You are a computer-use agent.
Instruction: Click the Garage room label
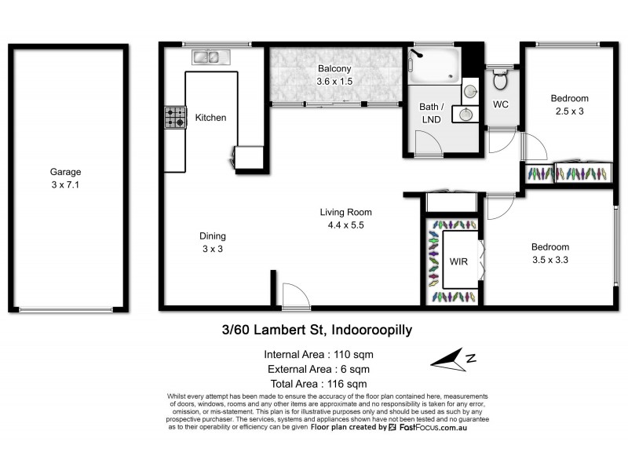click(x=66, y=172)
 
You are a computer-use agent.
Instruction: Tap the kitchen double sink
click(x=208, y=57)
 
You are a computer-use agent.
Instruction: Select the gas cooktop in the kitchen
click(x=174, y=118)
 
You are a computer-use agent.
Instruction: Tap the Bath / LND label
click(x=430, y=112)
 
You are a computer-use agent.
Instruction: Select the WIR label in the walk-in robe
click(x=458, y=261)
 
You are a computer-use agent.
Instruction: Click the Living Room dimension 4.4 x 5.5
click(x=345, y=225)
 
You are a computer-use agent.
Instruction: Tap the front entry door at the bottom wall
click(x=290, y=296)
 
